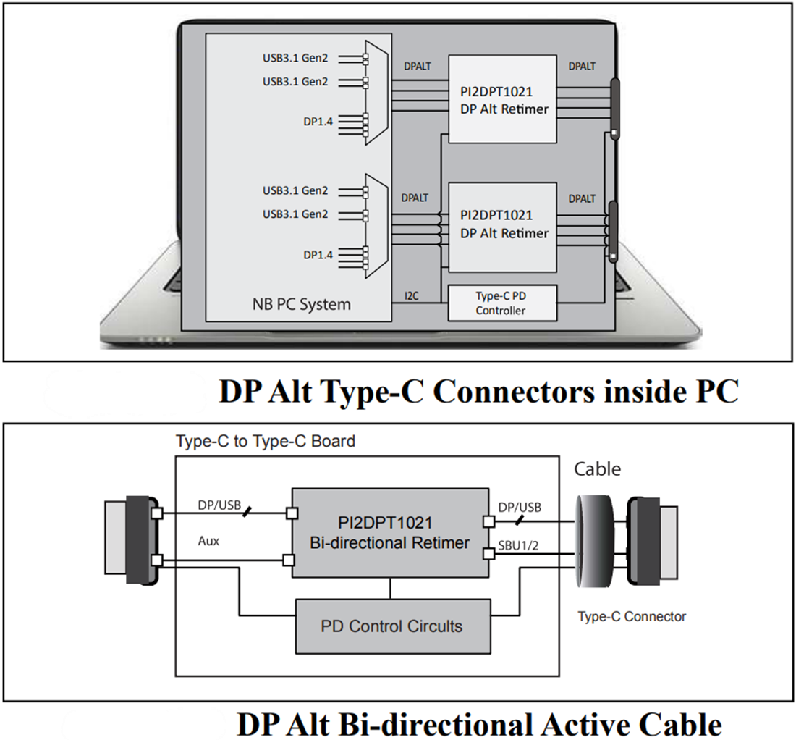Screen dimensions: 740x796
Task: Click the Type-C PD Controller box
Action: tap(503, 303)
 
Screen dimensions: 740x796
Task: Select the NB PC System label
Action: tap(297, 304)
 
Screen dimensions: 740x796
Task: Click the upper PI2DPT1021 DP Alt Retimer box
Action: tap(503, 99)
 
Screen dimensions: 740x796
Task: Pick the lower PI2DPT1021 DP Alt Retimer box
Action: tap(503, 224)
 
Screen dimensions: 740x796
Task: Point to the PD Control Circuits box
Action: tap(391, 626)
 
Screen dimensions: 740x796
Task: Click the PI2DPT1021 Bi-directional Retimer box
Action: tap(391, 532)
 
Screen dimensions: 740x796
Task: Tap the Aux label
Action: tap(208, 541)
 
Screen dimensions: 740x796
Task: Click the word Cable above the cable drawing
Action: tap(597, 468)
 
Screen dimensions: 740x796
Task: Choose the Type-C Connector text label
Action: tap(631, 617)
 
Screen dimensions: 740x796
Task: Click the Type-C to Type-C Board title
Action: tap(266, 440)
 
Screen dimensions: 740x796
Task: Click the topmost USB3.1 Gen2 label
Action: tap(295, 57)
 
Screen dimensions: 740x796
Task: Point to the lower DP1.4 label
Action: tap(318, 254)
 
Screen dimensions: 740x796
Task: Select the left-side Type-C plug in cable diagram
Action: tap(134, 539)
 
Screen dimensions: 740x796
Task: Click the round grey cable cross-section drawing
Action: tap(598, 539)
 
